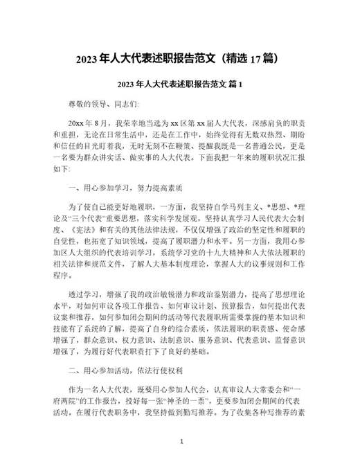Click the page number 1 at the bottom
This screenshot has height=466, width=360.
coord(180,440)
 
